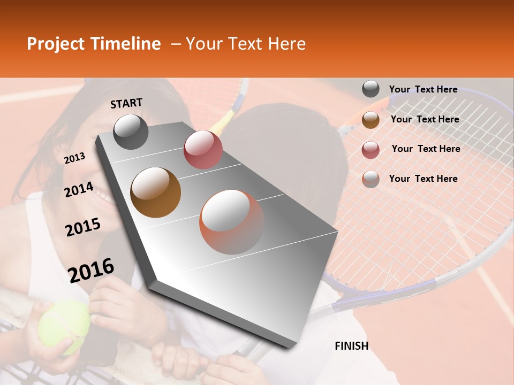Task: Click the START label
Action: [126, 103]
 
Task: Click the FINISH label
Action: [351, 346]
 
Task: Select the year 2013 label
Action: [75, 158]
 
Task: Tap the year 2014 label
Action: [79, 190]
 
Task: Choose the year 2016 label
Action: [91, 271]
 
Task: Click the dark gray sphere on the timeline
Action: [131, 132]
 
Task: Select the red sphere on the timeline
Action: [203, 150]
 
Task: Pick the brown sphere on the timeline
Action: [156, 192]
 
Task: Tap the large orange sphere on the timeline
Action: [232, 222]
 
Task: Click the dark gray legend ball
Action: [371, 89]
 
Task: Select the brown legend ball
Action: [371, 120]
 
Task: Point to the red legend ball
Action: [371, 150]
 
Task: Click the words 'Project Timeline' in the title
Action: [94, 44]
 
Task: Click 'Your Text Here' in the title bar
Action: [246, 44]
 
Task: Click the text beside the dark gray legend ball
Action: [423, 89]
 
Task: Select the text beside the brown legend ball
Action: [425, 119]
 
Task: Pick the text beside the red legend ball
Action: [426, 149]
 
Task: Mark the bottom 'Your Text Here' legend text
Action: [423, 179]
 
